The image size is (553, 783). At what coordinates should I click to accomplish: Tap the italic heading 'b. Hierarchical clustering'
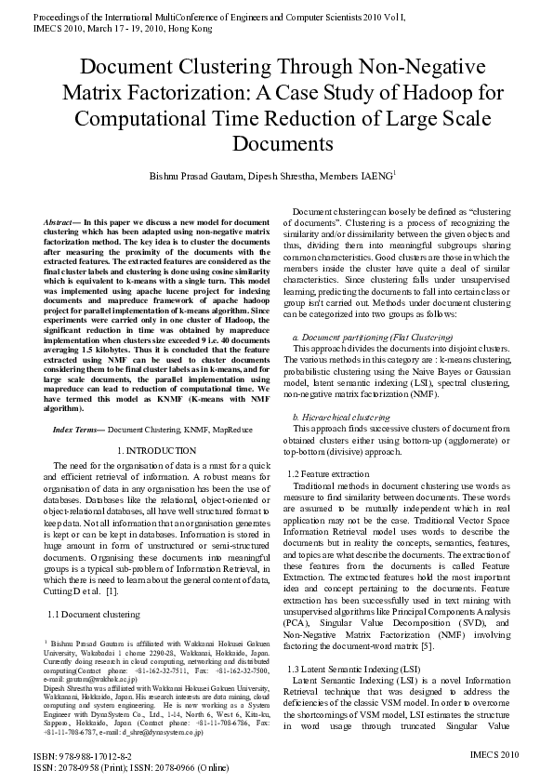[x=341, y=418]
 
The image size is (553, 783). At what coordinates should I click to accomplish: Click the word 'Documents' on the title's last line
[x=275, y=144]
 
